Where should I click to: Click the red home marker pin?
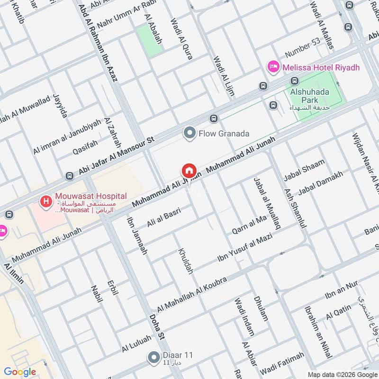point(189,170)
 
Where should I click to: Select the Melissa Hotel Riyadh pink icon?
point(273,67)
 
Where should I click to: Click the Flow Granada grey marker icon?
point(190,134)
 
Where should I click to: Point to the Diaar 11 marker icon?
point(153,357)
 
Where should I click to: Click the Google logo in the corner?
point(20,372)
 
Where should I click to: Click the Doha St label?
point(156,327)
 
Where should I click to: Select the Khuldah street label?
point(186,261)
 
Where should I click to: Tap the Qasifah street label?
point(85,147)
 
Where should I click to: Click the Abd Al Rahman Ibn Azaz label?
point(98,43)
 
